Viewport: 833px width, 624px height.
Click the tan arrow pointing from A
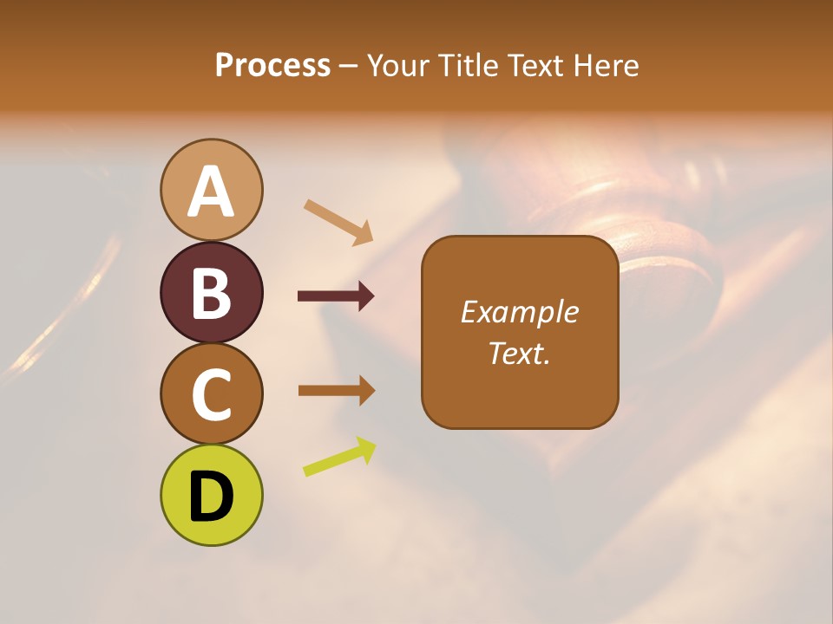(x=338, y=222)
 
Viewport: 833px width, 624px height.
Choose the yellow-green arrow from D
(x=339, y=457)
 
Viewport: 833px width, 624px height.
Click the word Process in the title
(x=272, y=66)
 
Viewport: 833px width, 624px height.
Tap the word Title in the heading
(x=469, y=66)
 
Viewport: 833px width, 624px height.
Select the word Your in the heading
(x=399, y=66)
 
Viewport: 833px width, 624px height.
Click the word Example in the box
(x=519, y=312)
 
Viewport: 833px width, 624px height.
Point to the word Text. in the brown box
(x=519, y=353)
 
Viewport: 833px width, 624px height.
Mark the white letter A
(x=211, y=192)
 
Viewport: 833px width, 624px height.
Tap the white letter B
(x=211, y=293)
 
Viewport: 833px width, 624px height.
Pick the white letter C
(x=211, y=394)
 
